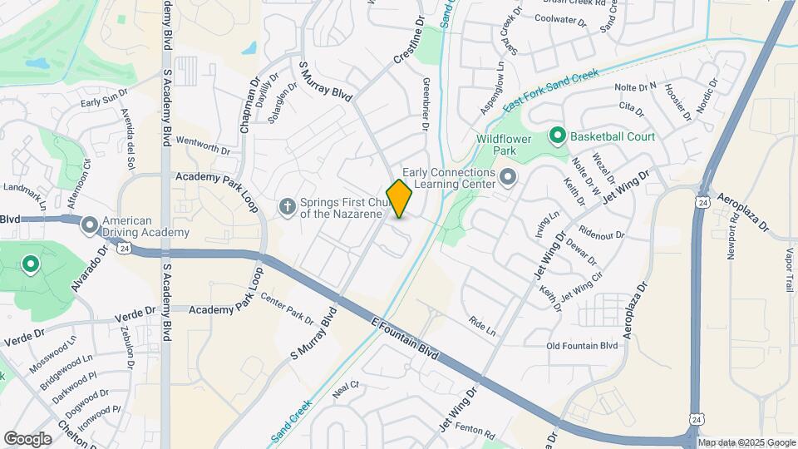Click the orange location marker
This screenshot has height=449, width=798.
pyautogui.click(x=399, y=199)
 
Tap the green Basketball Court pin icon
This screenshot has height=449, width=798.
pyautogui.click(x=557, y=136)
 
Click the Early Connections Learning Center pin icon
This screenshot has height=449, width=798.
pyautogui.click(x=508, y=177)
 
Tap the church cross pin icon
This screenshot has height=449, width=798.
pyautogui.click(x=288, y=206)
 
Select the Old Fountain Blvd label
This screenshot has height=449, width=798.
pyautogui.click(x=582, y=346)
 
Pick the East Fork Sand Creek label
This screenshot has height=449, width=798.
pyautogui.click(x=550, y=87)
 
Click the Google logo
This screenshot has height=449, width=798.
pyautogui.click(x=27, y=438)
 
